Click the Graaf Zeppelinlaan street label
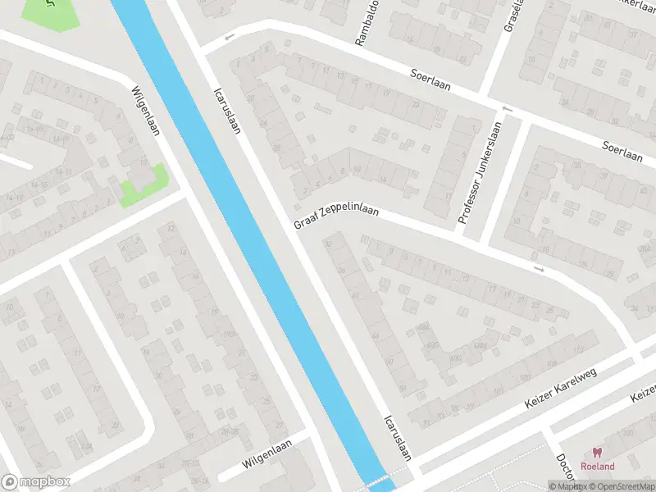tap(336, 216)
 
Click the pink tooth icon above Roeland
tap(597, 452)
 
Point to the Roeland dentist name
tap(597, 466)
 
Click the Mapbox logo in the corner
tap(36, 482)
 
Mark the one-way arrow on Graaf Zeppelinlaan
tap(539, 269)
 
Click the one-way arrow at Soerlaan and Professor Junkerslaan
tap(507, 110)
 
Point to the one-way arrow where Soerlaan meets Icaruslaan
tap(229, 37)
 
